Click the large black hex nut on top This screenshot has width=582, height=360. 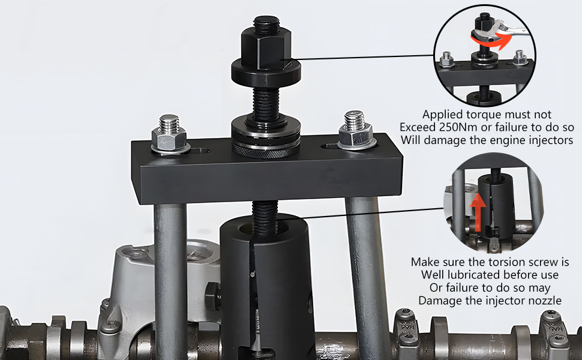[x=266, y=47]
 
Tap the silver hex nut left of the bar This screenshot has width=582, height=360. [x=169, y=139]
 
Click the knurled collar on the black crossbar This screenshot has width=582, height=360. [x=266, y=148]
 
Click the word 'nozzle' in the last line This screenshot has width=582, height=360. [x=544, y=301]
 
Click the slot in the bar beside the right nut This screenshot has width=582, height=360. [x=331, y=145]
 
